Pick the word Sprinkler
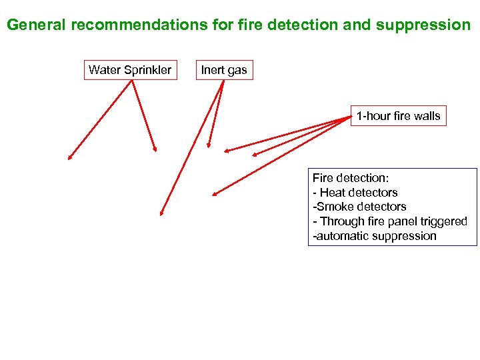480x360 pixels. (x=147, y=70)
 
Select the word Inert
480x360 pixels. (x=213, y=70)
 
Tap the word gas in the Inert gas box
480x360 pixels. (x=237, y=70)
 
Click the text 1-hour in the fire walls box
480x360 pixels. (x=373, y=116)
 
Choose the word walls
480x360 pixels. (x=427, y=116)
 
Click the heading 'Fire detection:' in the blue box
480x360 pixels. (x=350, y=178)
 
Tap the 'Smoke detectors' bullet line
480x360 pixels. (x=359, y=207)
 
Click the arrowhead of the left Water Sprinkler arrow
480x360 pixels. (x=68, y=158)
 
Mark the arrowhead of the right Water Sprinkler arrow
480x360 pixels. (x=155, y=150)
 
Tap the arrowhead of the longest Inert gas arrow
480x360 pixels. (x=161, y=213)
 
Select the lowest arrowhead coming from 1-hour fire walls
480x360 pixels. (x=214, y=195)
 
